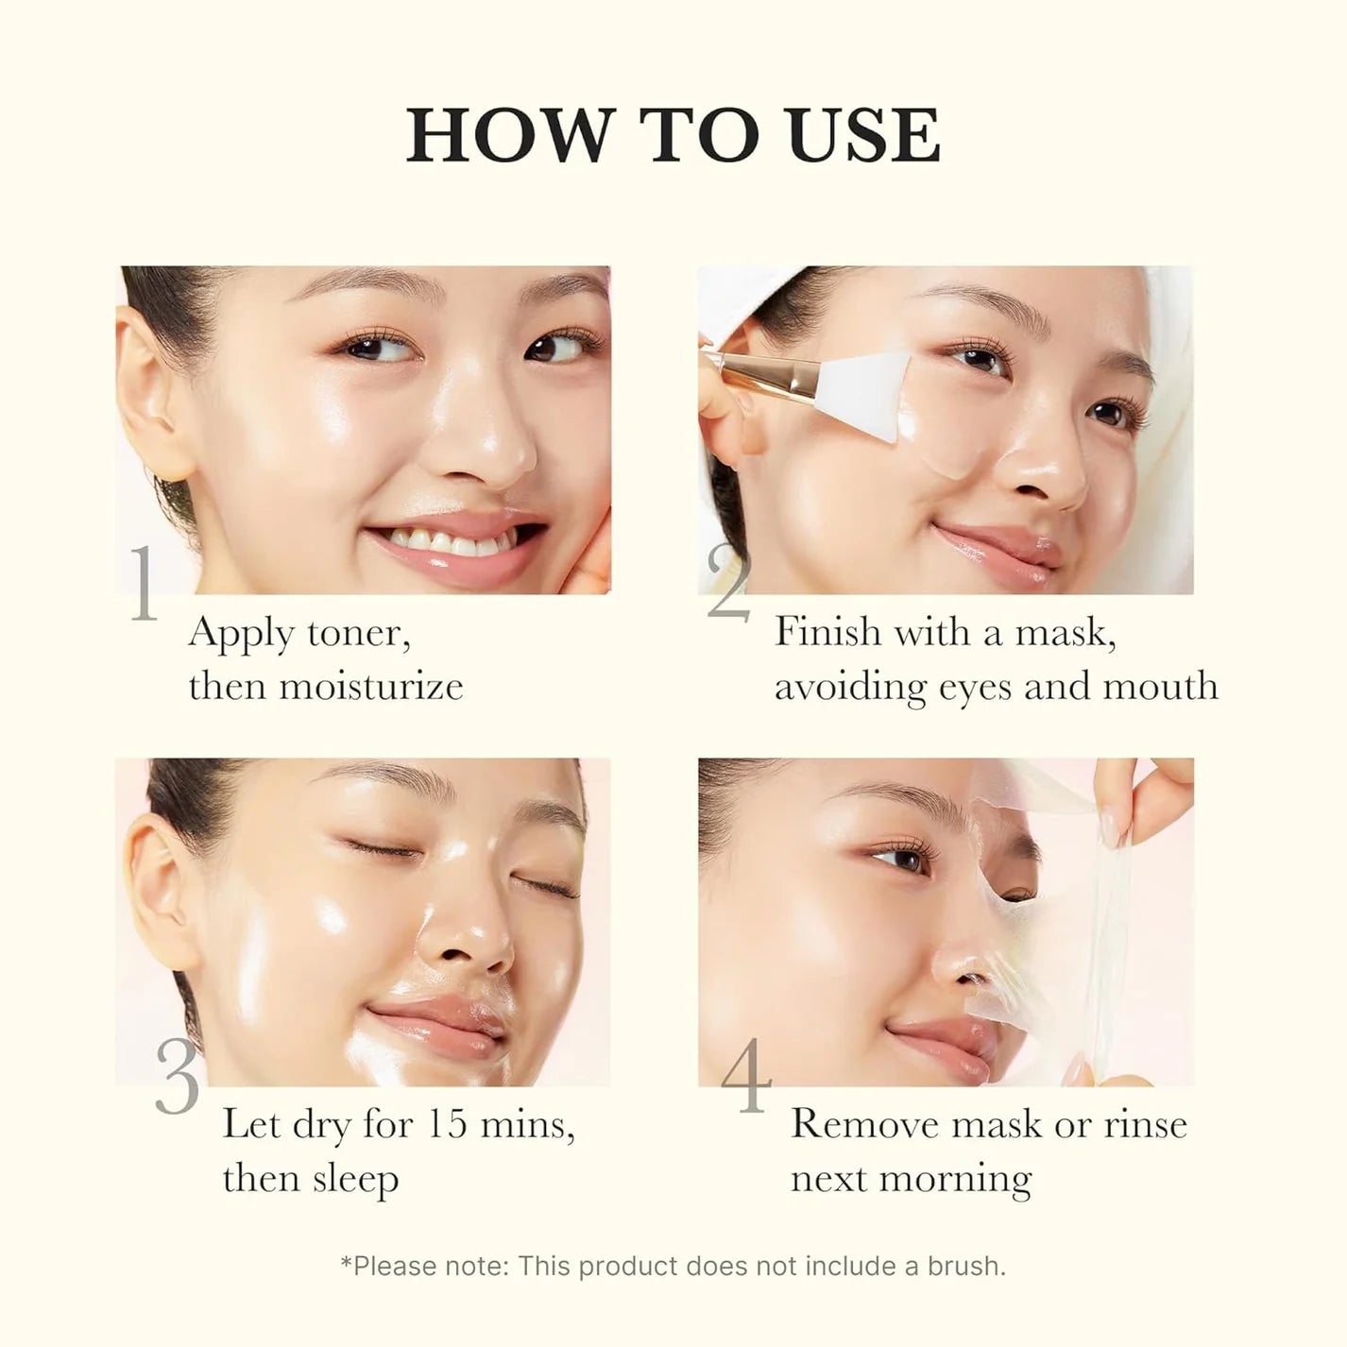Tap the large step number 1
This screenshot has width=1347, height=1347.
pos(144,585)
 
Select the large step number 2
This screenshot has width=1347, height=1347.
pos(727,585)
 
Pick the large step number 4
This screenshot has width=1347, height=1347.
pos(746,1078)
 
